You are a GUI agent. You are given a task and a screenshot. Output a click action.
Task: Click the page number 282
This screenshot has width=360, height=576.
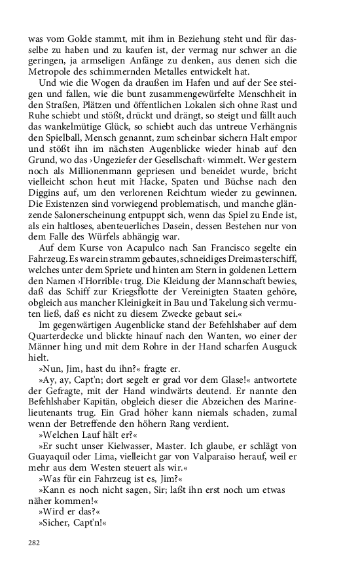click(x=35, y=542)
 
